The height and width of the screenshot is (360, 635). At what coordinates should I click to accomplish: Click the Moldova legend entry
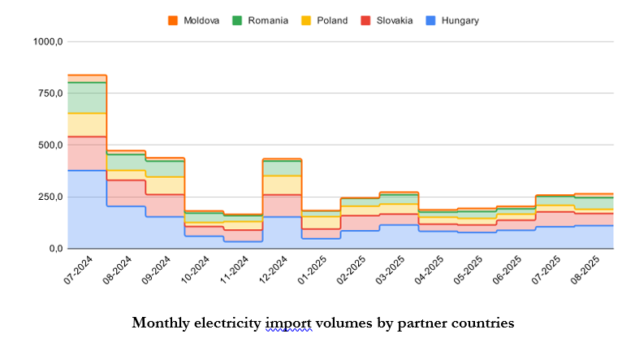click(x=196, y=20)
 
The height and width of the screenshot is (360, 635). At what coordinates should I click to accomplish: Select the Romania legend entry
click(x=262, y=20)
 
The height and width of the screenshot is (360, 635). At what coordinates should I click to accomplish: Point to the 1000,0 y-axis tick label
click(x=46, y=41)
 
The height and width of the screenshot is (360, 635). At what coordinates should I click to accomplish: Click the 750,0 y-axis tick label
click(x=49, y=93)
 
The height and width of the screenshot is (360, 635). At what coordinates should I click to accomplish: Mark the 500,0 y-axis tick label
click(x=49, y=145)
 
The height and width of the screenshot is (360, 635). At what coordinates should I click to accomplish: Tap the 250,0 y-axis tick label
click(x=49, y=197)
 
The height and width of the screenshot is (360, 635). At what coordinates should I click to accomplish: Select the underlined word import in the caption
click(x=288, y=323)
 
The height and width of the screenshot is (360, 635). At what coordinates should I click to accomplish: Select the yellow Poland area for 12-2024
click(x=282, y=185)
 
